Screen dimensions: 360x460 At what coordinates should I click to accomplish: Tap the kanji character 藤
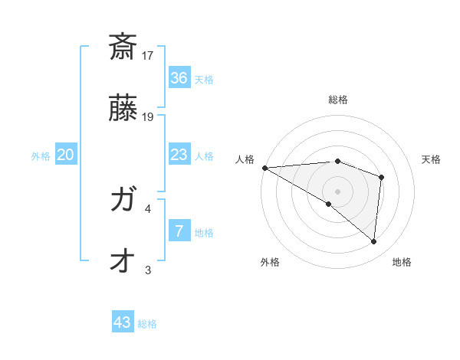tap(123, 109)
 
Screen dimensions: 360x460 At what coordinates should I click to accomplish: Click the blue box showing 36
tap(179, 78)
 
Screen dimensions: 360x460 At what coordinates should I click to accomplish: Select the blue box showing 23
tap(179, 155)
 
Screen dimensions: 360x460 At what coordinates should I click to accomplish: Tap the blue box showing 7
tap(179, 231)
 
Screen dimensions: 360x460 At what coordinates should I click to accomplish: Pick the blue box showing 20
tap(66, 155)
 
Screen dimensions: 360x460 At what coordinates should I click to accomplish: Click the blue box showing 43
tap(123, 322)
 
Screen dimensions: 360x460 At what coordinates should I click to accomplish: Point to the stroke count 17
tap(148, 55)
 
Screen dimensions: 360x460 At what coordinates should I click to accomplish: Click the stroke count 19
tap(148, 117)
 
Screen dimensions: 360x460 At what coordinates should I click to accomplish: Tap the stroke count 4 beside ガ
tap(148, 208)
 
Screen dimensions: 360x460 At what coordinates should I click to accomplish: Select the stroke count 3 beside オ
tap(148, 270)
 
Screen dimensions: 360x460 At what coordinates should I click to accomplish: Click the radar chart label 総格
tap(338, 100)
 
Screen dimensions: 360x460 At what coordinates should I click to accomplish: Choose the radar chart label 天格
tap(432, 159)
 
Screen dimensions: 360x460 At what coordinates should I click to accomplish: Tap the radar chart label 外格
tap(270, 262)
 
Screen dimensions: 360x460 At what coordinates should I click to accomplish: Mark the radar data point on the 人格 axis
tap(264, 167)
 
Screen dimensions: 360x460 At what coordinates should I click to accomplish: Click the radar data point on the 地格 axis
tap(374, 241)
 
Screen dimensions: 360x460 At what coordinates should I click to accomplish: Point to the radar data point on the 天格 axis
tap(381, 177)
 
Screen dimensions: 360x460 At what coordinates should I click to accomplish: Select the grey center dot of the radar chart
tap(337, 191)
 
